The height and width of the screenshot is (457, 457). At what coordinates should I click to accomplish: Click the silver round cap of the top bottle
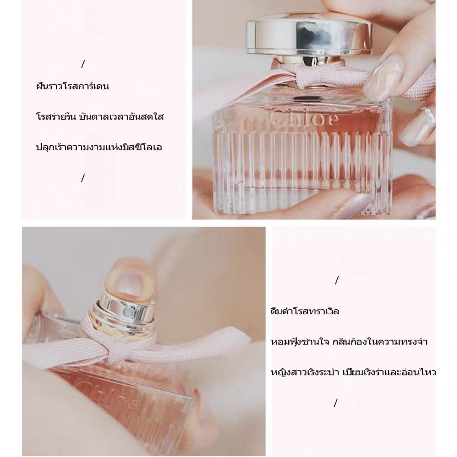[x=308, y=37]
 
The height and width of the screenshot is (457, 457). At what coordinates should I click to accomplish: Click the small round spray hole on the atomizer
[x=127, y=312]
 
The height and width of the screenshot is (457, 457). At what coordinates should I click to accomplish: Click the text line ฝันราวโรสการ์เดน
[x=73, y=86]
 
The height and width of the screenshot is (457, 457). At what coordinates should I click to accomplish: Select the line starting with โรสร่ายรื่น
[x=100, y=116]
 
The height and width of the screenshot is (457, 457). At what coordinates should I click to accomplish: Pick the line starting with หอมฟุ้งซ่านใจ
[x=349, y=341]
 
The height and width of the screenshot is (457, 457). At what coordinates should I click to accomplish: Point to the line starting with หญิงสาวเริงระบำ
[x=353, y=372]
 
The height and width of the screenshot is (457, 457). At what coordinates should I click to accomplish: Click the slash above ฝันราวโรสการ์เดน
[x=83, y=64]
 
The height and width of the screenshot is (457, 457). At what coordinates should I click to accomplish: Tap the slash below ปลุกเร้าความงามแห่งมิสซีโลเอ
[x=83, y=178]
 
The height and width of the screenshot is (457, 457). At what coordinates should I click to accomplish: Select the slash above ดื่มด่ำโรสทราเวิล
[x=337, y=280]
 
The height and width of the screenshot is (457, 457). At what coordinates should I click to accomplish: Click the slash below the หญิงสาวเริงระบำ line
[x=336, y=403]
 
